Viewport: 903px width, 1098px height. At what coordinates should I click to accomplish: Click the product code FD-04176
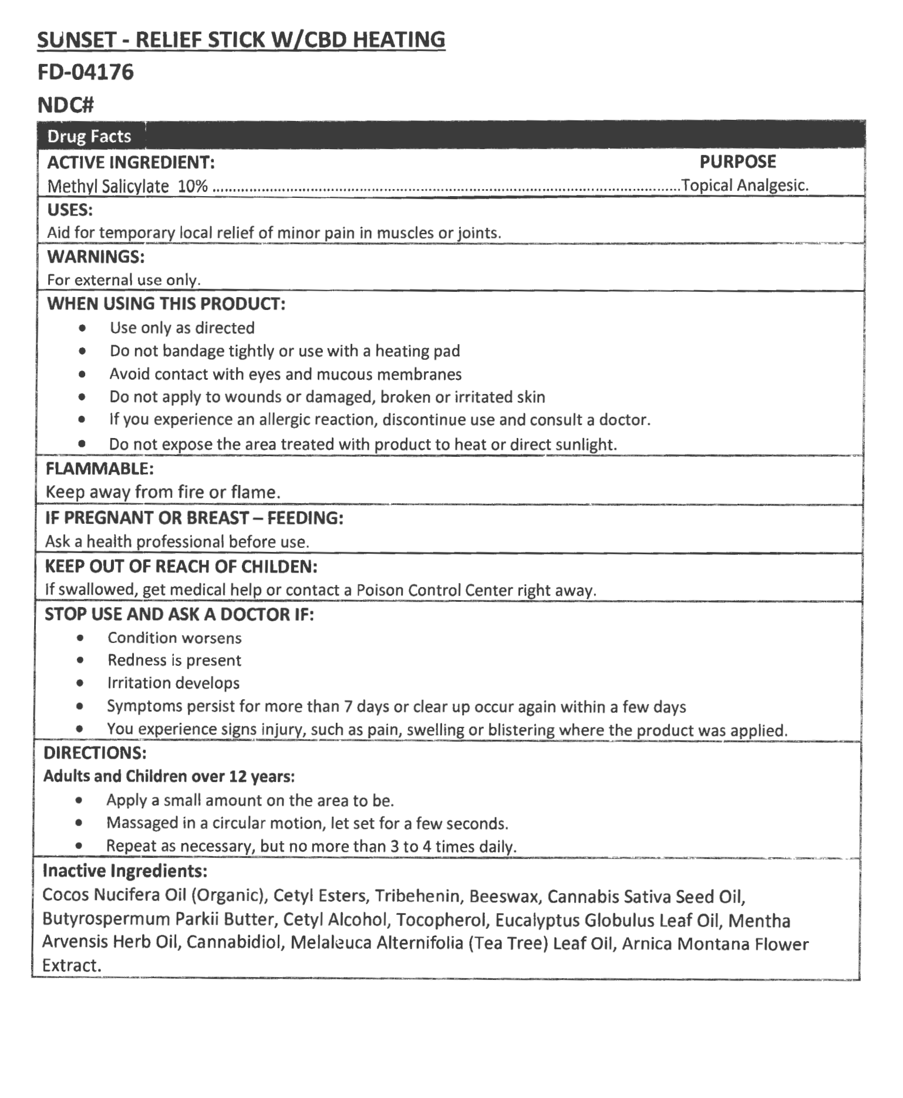86,72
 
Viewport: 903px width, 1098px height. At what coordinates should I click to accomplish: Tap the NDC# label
65,105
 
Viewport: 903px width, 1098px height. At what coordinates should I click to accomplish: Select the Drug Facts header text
89,136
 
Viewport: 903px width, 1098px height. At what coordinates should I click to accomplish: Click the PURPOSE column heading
737,161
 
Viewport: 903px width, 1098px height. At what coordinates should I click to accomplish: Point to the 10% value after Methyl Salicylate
193,186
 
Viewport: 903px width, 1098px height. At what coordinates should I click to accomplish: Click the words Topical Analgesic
744,186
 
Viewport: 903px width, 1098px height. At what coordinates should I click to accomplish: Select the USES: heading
70,210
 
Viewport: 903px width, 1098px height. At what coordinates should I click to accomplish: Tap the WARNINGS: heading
96,257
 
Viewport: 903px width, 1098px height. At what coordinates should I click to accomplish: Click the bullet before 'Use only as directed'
83,328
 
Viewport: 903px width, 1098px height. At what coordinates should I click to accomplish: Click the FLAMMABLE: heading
99,469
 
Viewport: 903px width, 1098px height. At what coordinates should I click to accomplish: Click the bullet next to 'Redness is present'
80,661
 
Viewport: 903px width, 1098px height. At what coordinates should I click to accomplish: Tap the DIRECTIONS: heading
95,753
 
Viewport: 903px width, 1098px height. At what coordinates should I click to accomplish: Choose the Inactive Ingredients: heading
124,871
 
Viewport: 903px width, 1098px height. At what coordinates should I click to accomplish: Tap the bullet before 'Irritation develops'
80,683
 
